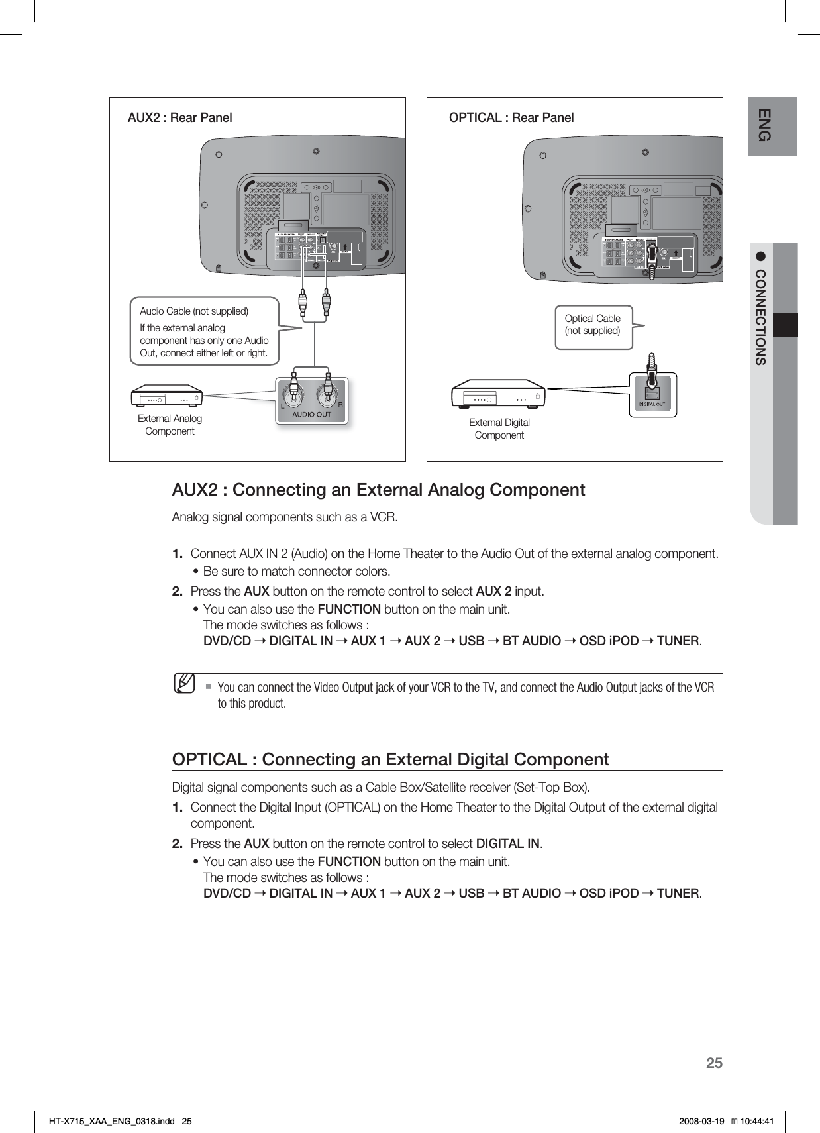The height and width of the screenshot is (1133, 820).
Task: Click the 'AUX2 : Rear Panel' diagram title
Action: point(179,118)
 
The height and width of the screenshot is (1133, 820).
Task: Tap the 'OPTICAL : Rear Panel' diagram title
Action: point(511,118)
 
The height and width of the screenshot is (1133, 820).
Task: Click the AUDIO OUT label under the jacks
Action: point(312,415)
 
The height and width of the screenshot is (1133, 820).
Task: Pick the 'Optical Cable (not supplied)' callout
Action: point(592,325)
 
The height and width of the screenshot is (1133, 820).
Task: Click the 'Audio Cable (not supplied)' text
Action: point(194,311)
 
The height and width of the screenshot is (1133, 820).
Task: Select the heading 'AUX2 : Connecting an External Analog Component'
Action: point(378,490)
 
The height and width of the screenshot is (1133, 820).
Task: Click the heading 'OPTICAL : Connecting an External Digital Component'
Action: point(390,759)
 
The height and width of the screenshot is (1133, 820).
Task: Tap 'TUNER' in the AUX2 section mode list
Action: point(678,641)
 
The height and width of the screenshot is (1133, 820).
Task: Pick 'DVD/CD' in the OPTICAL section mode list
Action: point(227,893)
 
